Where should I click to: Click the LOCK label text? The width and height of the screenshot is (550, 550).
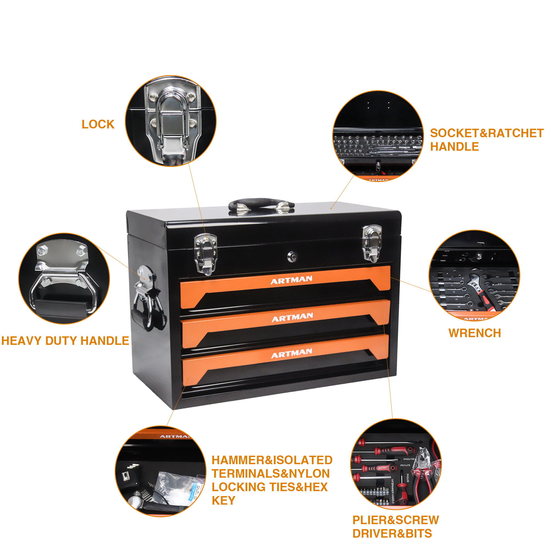coord(98,124)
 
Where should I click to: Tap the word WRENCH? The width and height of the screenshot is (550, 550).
coord(475,333)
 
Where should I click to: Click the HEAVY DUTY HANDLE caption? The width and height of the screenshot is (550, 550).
coord(65,341)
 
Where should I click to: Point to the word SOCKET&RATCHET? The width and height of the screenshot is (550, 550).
coord(486,133)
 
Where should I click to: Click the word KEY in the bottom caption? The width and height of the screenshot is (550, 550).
coord(224,508)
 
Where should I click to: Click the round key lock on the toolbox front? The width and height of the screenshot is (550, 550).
coord(292,257)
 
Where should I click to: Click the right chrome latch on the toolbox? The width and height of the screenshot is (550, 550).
coord(372,244)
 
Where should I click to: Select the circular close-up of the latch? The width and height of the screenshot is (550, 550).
coord(171,121)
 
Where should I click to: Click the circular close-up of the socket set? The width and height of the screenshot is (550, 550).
coord(378,136)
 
